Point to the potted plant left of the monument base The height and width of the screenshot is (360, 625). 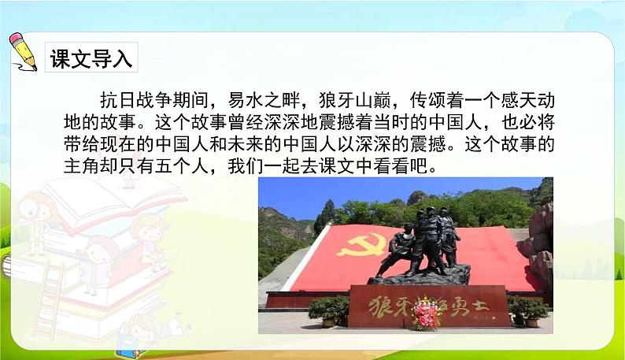[324, 310]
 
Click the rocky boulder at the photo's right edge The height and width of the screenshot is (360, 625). [541, 236]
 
